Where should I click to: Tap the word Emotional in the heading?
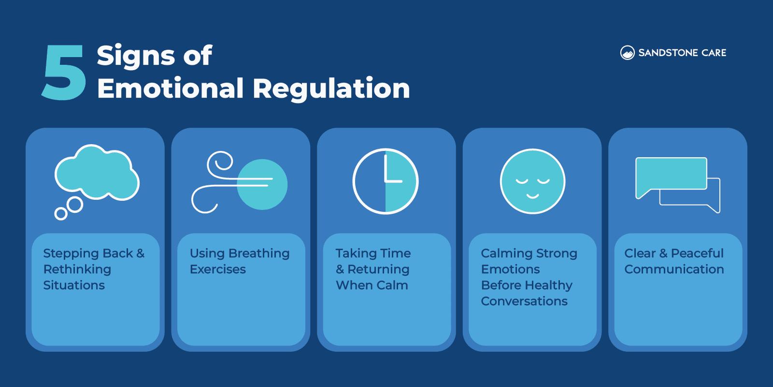coord(170,89)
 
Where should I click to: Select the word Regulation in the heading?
coord(331,89)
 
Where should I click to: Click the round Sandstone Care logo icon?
coord(627,53)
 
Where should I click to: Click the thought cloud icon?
coord(97,173)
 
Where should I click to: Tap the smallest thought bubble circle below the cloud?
coord(61,213)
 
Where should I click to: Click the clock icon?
coord(385,181)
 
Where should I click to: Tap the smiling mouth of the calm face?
coord(532,196)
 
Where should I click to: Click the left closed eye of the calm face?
coord(522,181)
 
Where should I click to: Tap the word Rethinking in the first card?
coord(77,269)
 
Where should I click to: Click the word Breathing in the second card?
coord(259,253)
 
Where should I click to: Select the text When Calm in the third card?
coord(372,285)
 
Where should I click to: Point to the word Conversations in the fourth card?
coord(524,301)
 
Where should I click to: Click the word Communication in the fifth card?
coord(674,269)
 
